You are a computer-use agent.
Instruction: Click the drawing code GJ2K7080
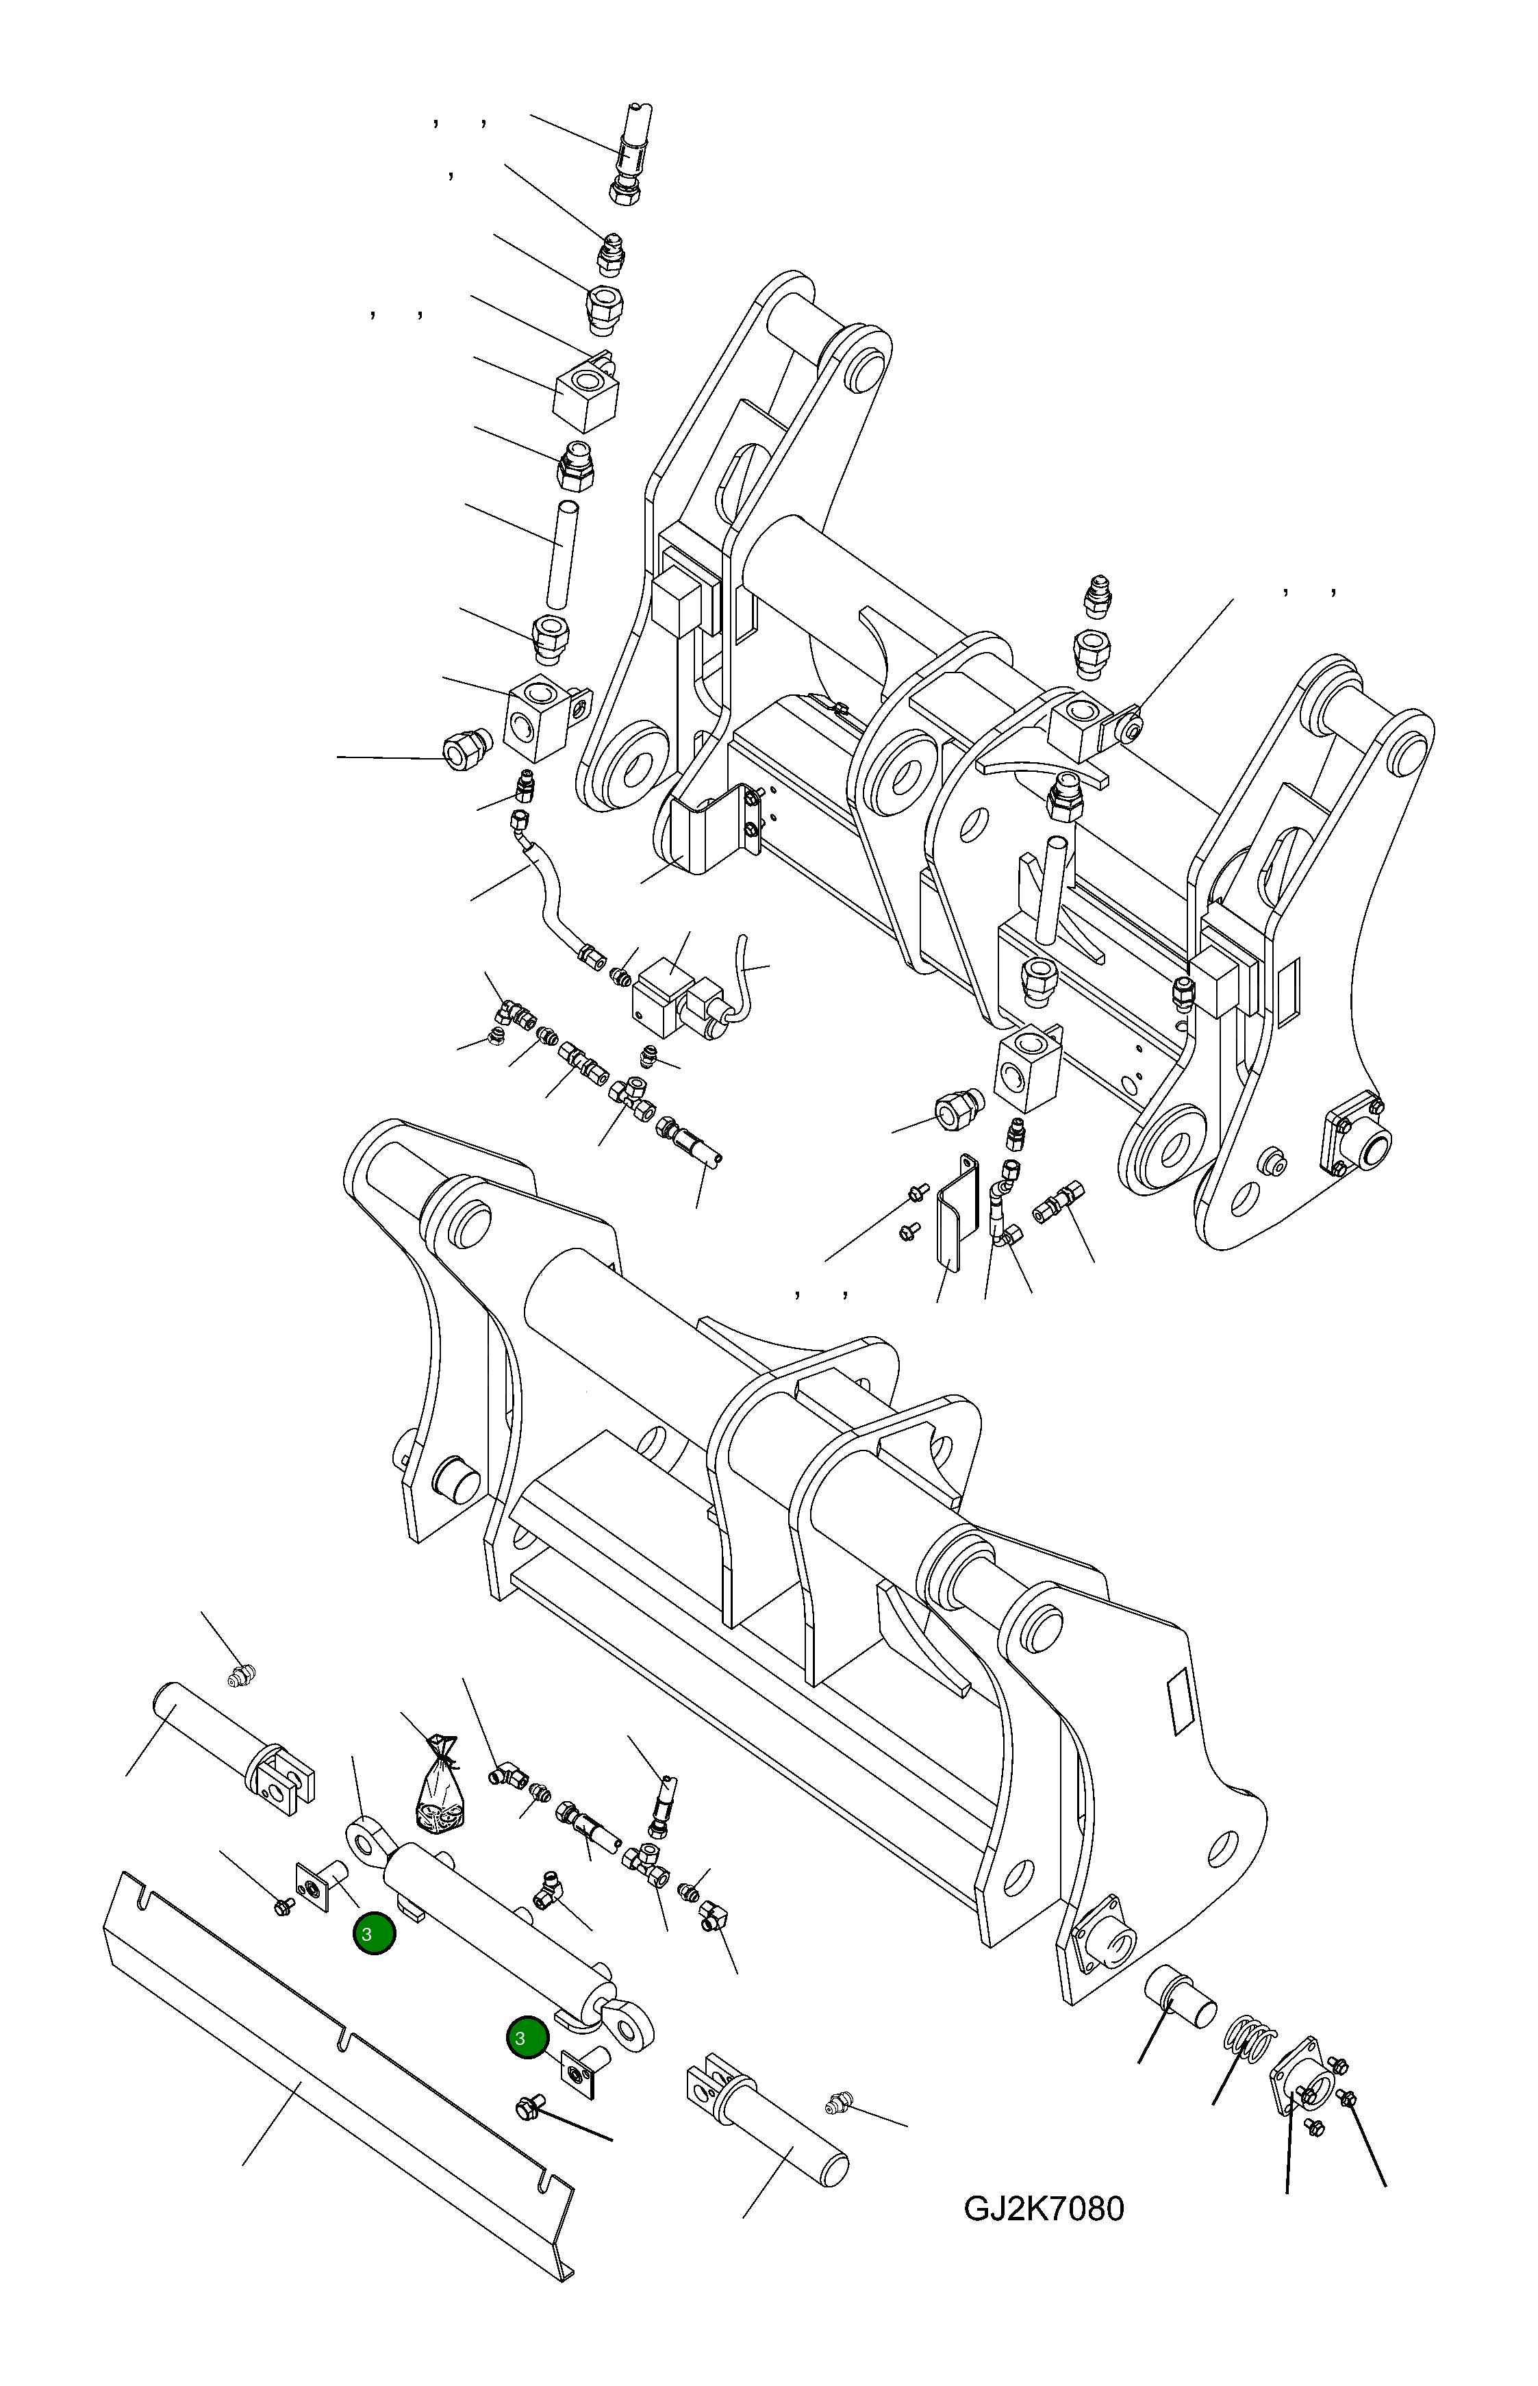(1043, 2208)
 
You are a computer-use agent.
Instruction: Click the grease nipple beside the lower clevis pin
(836, 2105)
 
